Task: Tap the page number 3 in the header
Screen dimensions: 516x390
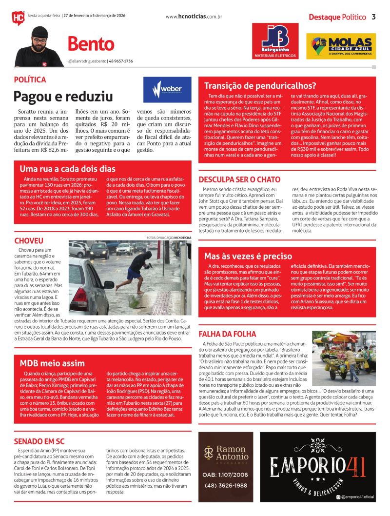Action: [373, 17]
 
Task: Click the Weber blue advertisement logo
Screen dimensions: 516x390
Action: [163, 90]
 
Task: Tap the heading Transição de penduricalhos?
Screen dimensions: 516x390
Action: [260, 85]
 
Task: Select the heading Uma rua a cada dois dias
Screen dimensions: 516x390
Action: [60, 169]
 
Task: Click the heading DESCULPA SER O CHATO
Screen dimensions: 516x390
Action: [239, 179]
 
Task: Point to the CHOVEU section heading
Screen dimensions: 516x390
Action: [29, 241]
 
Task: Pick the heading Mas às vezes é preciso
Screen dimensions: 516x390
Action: [248, 256]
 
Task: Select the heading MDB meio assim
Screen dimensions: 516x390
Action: [52, 363]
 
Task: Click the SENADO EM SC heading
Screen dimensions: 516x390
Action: [39, 441]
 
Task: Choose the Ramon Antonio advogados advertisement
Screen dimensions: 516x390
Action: [226, 467]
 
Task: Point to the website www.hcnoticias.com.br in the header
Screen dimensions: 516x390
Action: [194, 17]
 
